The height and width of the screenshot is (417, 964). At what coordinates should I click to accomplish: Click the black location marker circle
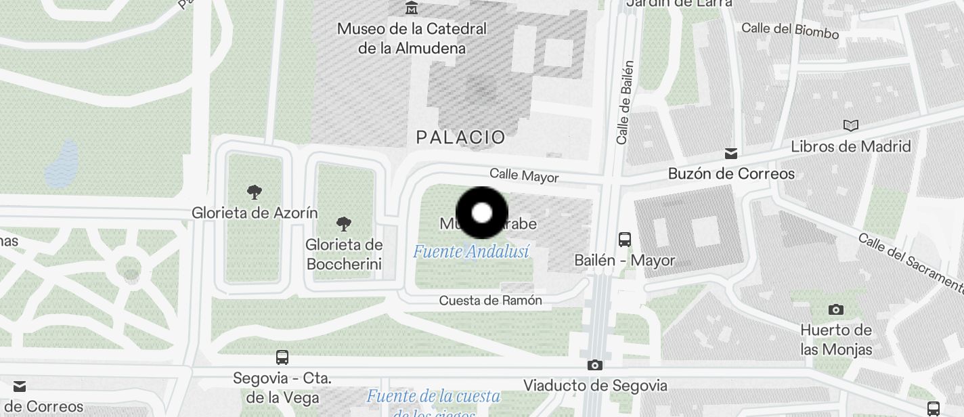481,213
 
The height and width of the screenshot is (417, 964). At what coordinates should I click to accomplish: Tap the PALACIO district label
460,137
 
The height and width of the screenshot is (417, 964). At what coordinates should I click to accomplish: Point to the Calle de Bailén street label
624,102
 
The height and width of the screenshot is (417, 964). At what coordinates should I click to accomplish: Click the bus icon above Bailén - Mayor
625,239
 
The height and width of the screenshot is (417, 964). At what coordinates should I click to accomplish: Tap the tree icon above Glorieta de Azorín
255,192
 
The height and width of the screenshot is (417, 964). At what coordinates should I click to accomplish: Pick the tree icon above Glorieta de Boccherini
344,224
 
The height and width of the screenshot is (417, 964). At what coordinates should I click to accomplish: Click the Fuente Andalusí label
470,252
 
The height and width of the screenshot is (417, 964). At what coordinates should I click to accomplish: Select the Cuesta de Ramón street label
490,301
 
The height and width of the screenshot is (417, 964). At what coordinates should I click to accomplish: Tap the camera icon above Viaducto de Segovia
595,366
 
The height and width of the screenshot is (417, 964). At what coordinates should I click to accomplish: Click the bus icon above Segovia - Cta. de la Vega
282,357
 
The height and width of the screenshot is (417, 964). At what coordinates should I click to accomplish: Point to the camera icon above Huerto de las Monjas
836,309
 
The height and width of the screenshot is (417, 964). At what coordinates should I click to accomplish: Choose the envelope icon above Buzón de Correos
731,153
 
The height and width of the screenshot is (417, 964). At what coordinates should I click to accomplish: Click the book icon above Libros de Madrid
851,125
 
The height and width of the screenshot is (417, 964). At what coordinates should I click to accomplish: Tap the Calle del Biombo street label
790,30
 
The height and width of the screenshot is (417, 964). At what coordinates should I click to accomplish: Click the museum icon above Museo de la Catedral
412,8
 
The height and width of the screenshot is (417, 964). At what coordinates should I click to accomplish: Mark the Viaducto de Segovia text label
595,386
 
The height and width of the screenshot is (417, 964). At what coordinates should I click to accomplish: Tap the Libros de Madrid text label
851,146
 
